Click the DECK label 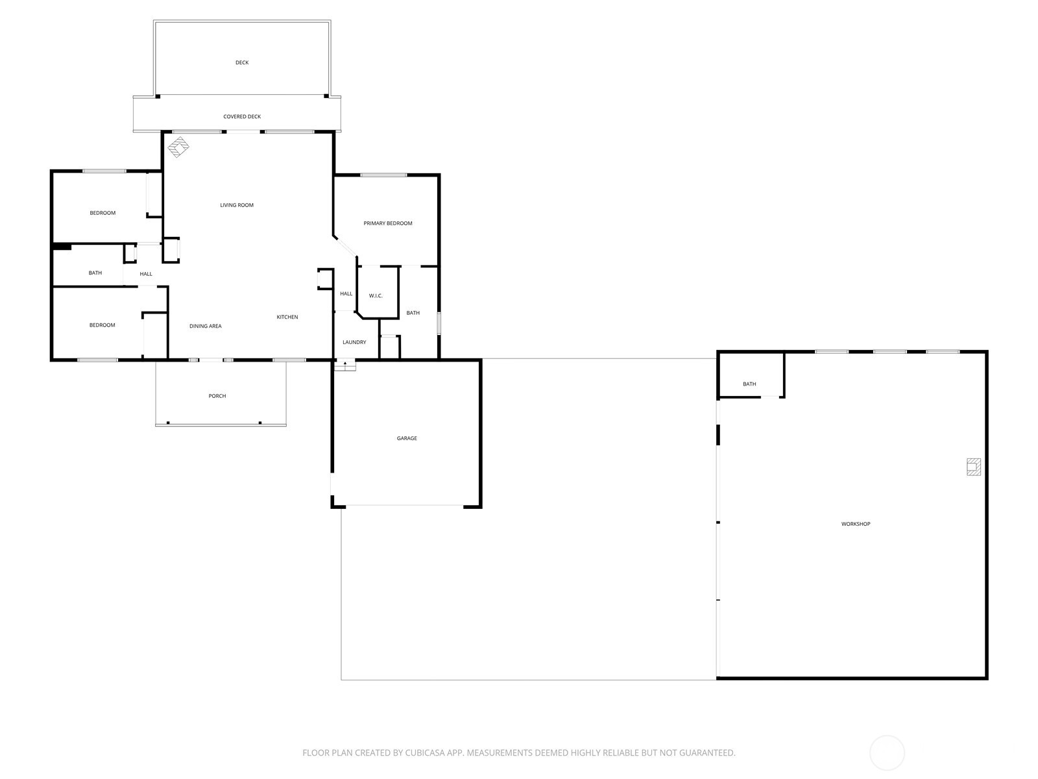pos(242,63)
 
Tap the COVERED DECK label pos(242,117)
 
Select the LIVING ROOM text pos(237,205)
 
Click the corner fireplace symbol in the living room pos(178,147)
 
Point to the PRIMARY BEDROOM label pos(388,223)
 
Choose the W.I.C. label pos(376,296)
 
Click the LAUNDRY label pos(354,342)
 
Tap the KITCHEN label pos(287,317)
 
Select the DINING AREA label pos(206,327)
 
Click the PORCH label pos(217,396)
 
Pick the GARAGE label pos(407,439)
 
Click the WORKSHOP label pos(856,524)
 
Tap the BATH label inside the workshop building pos(749,384)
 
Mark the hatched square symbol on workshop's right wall pos(973,467)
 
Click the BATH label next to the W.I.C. pos(413,313)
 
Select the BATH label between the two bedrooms pos(95,273)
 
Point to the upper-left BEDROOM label pos(103,213)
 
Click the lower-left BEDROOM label pos(103,325)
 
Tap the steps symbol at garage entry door pos(345,365)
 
